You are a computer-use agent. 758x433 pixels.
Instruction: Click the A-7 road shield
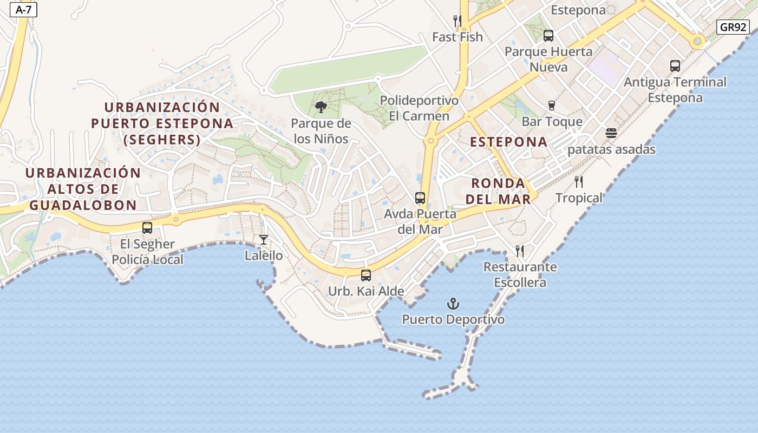[23, 10]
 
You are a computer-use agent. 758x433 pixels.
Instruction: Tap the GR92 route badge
[733, 27]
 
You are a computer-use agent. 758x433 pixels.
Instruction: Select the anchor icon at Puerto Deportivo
[453, 304]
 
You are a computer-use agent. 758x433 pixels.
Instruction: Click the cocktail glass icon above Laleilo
[264, 239]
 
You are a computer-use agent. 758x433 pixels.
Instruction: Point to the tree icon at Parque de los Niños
[321, 107]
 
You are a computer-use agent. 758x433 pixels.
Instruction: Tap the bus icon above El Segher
[147, 228]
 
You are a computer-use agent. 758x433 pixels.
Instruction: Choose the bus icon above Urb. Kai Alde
[366, 275]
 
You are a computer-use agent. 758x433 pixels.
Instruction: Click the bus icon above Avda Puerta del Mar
[420, 198]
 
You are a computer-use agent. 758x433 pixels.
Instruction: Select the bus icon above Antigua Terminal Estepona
[675, 66]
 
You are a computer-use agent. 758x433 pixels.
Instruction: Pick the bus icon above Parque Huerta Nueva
[548, 36]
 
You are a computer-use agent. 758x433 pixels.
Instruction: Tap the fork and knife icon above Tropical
[579, 182]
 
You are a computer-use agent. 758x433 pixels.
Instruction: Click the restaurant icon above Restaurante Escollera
[520, 251]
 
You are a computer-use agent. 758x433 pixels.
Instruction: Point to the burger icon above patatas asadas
[611, 133]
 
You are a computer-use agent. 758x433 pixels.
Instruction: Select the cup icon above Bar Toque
[552, 105]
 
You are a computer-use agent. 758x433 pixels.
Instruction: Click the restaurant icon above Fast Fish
[458, 21]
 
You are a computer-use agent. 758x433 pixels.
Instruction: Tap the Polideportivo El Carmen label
[419, 108]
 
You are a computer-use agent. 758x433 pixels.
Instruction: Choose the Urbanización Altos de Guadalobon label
[83, 189]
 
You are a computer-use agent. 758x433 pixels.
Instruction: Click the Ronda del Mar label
[498, 191]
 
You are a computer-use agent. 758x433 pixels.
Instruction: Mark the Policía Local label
[148, 259]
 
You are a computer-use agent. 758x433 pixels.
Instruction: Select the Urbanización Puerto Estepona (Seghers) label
[162, 123]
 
